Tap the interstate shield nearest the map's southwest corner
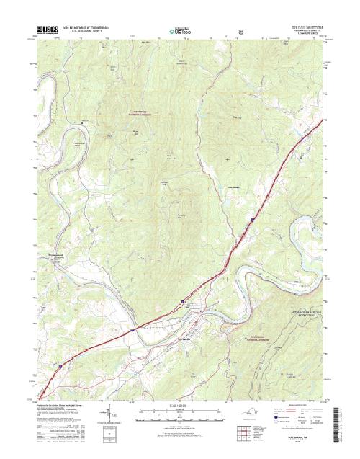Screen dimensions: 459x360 tap(60, 366)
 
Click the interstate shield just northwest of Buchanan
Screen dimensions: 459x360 tap(182, 300)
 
